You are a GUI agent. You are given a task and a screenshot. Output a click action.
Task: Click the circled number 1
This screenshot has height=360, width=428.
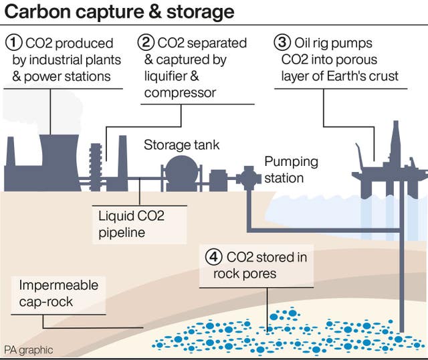click(13, 42)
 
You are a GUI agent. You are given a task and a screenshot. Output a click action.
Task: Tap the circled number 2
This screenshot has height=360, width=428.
click(147, 42)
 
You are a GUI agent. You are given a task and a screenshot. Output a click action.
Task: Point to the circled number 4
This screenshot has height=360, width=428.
click(213, 256)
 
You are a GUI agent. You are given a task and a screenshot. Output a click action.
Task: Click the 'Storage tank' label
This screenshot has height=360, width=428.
click(182, 145)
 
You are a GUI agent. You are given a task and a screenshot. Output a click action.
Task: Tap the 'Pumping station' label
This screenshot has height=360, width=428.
click(291, 170)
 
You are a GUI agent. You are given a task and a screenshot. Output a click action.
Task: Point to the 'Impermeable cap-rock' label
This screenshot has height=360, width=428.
click(59, 294)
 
